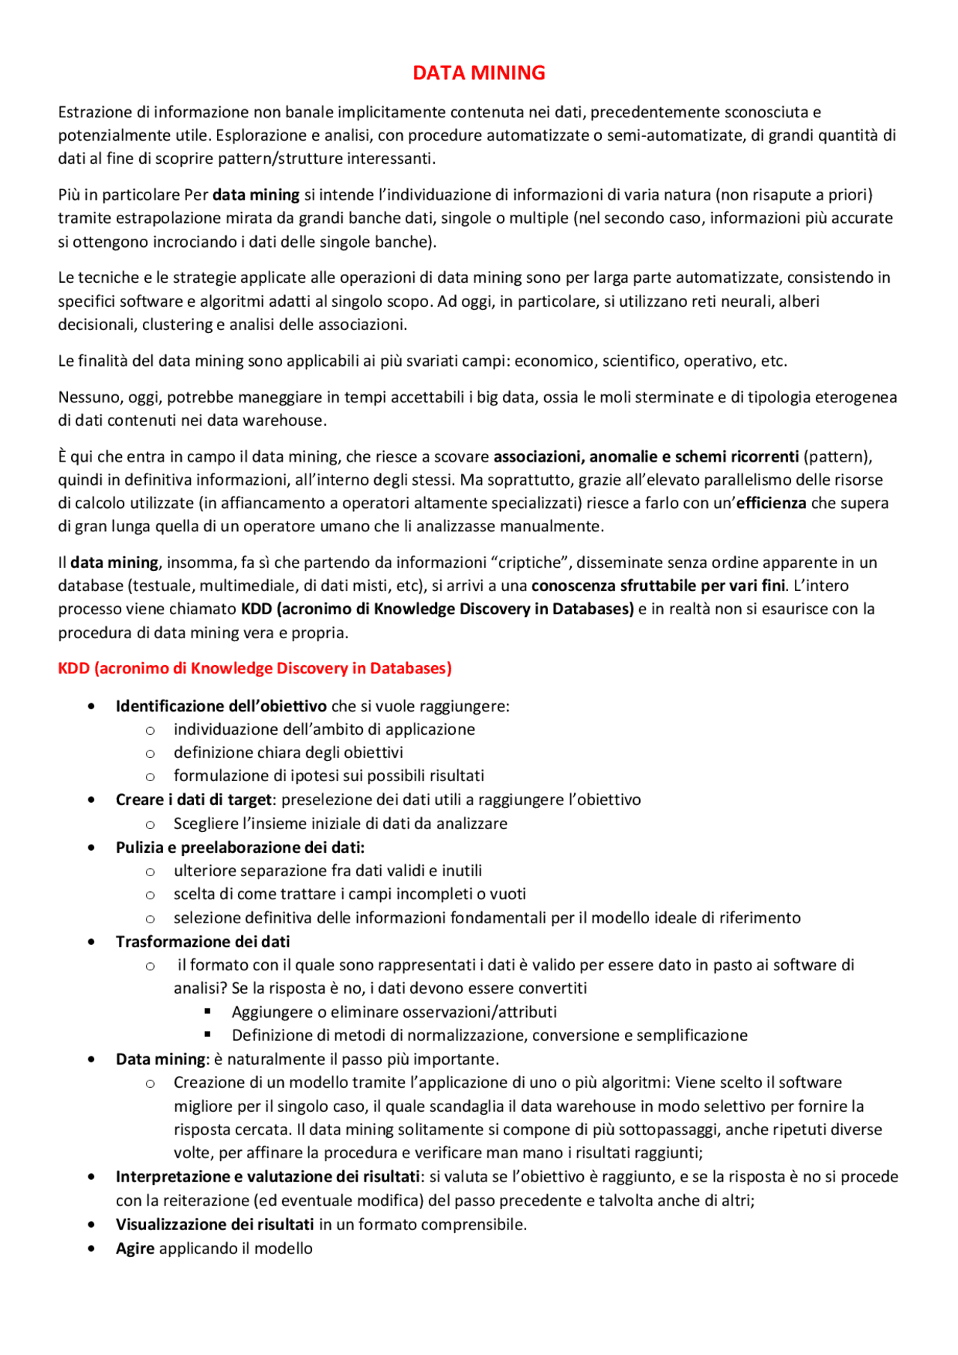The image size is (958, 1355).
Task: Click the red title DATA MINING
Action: pyautogui.click(x=479, y=73)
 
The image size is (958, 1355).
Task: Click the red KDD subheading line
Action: pyautogui.click(x=254, y=668)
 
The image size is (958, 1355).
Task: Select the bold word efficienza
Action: pyautogui.click(x=771, y=503)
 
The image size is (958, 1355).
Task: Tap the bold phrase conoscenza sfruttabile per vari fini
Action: pyautogui.click(x=658, y=585)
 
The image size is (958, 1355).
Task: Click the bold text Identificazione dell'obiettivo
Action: pyautogui.click(x=221, y=706)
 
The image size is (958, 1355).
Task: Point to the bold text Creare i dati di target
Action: pyautogui.click(x=193, y=799)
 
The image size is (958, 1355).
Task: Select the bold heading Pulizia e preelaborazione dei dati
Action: pyautogui.click(x=239, y=847)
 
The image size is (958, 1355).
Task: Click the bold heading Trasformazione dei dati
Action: pyautogui.click(x=202, y=941)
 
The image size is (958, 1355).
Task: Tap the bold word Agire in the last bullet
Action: pyautogui.click(x=135, y=1248)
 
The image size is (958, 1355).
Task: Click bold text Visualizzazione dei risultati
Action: pyautogui.click(x=214, y=1224)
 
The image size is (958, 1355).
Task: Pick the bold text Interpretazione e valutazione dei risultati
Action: pyautogui.click(x=267, y=1176)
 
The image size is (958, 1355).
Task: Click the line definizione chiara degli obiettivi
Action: pyautogui.click(x=288, y=752)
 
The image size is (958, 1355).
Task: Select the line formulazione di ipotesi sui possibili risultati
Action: pyautogui.click(x=329, y=775)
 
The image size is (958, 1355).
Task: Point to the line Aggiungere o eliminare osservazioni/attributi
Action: pyautogui.click(x=394, y=1012)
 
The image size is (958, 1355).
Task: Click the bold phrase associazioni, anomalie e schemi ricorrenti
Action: pyautogui.click(x=646, y=456)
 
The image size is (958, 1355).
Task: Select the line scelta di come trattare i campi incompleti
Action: pyautogui.click(x=350, y=893)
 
